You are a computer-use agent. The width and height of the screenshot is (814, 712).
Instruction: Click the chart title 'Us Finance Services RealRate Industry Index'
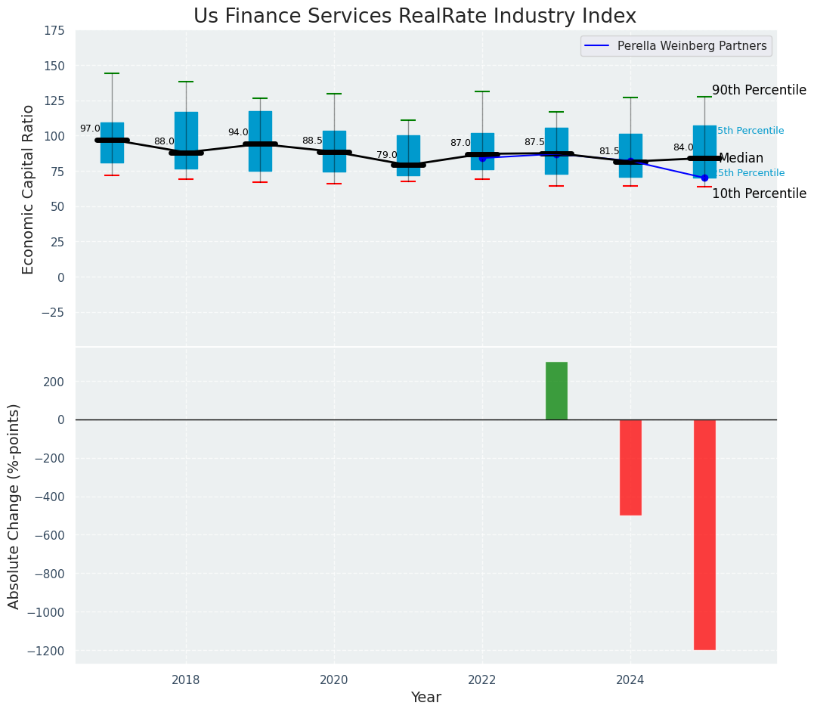414,17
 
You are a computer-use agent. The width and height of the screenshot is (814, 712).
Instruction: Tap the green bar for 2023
556,391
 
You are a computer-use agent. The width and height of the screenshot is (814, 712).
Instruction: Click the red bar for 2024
630,467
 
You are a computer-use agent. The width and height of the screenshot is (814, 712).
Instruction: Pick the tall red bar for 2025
704,534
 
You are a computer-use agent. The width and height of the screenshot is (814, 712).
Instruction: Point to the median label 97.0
90,128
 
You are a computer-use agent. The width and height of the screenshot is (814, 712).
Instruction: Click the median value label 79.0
387,155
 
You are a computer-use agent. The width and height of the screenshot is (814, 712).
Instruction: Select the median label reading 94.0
238,132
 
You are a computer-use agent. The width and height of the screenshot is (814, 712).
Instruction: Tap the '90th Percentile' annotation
759,90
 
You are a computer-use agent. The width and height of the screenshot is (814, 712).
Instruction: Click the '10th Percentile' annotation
759,193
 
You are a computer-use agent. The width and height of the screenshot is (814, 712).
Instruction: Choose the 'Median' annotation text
741,159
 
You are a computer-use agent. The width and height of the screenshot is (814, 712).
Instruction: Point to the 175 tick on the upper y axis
54,31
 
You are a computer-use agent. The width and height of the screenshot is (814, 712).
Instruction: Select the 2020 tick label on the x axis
334,680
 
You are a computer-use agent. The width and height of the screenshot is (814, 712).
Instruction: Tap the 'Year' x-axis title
426,697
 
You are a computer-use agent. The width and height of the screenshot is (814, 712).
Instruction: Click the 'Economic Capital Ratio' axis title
29,189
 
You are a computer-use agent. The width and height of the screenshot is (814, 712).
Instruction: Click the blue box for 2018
186,140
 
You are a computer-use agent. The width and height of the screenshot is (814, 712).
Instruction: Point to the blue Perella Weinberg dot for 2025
704,178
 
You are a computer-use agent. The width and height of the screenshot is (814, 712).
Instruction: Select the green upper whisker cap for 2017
112,73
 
